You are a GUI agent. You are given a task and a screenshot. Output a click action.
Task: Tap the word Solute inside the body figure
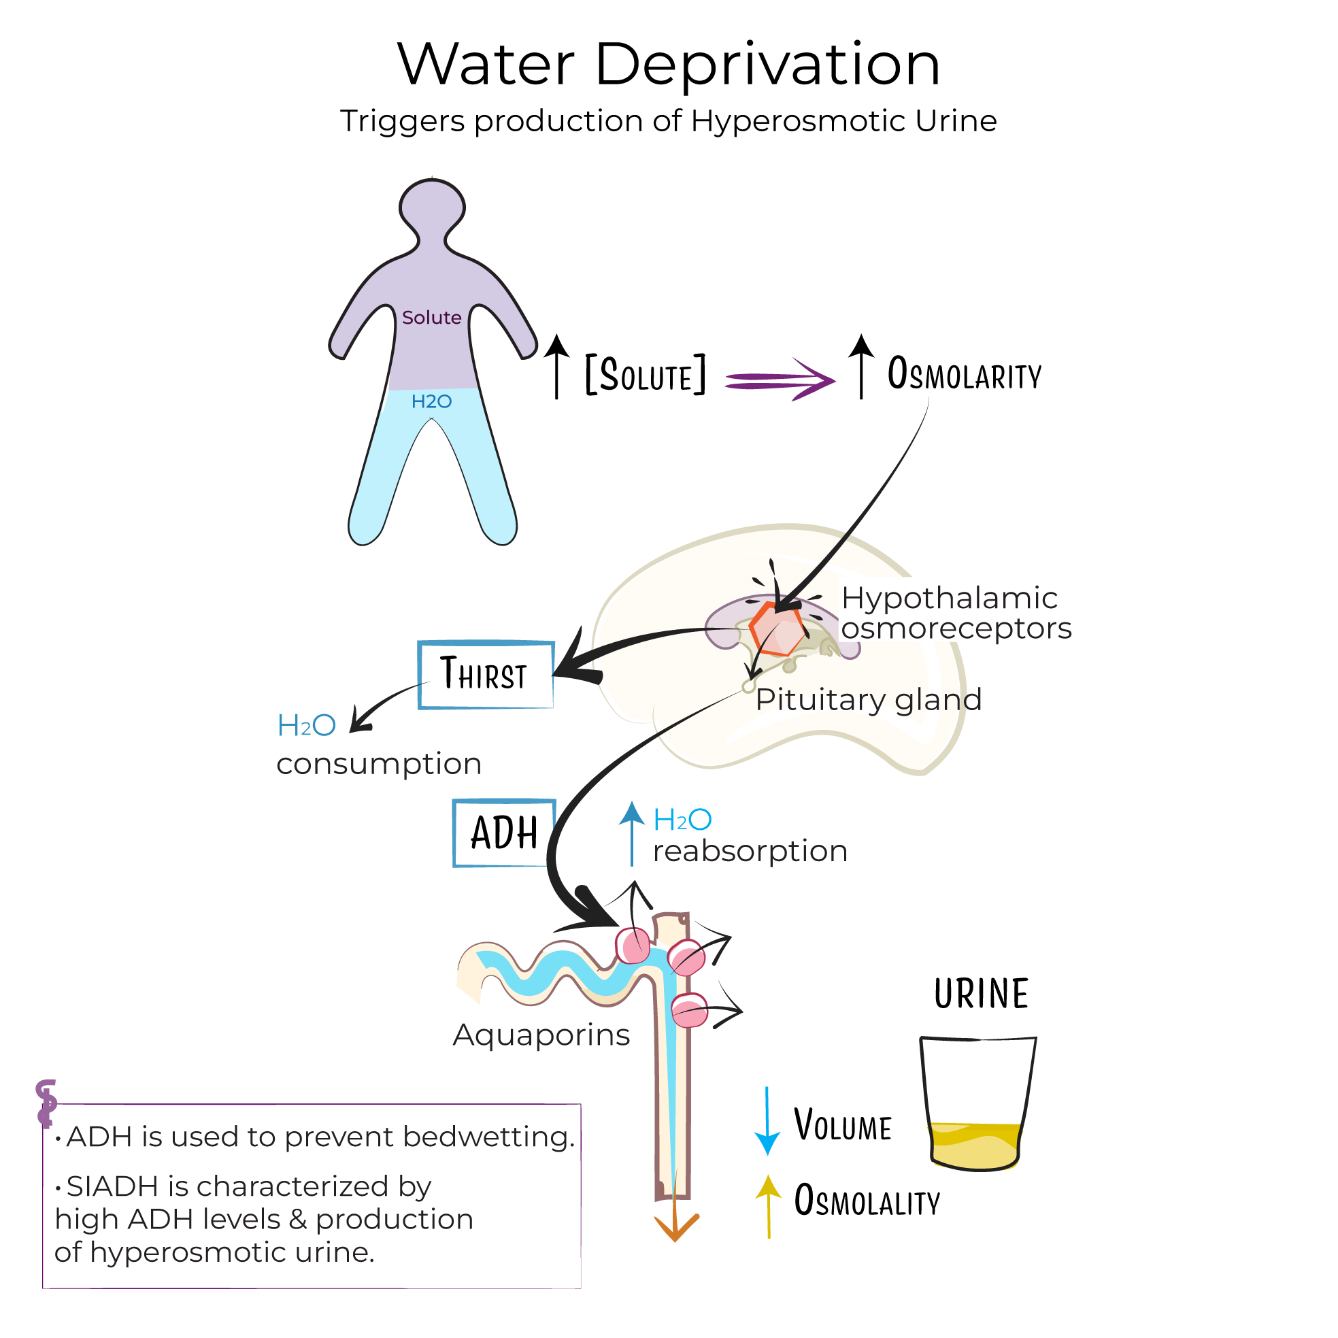click(431, 318)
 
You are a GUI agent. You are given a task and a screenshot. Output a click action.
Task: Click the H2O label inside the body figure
click(431, 402)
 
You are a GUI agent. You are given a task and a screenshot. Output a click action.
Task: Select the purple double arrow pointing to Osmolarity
click(780, 379)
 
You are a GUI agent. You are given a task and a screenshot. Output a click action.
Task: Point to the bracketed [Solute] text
click(646, 375)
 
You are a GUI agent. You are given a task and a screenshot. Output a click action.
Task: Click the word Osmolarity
click(964, 375)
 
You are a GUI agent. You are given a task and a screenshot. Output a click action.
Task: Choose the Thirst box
click(486, 675)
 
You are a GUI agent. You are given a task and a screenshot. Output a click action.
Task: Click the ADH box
click(503, 833)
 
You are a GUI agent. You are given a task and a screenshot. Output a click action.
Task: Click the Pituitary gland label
click(869, 699)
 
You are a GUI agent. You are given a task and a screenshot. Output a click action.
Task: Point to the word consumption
click(379, 764)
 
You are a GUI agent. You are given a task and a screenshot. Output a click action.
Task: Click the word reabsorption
click(750, 851)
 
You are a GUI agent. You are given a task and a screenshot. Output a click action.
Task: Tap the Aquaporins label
click(541, 1035)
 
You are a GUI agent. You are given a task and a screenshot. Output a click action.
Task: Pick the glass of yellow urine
click(977, 1105)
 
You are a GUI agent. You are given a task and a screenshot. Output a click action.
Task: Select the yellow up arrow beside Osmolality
click(768, 1206)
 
